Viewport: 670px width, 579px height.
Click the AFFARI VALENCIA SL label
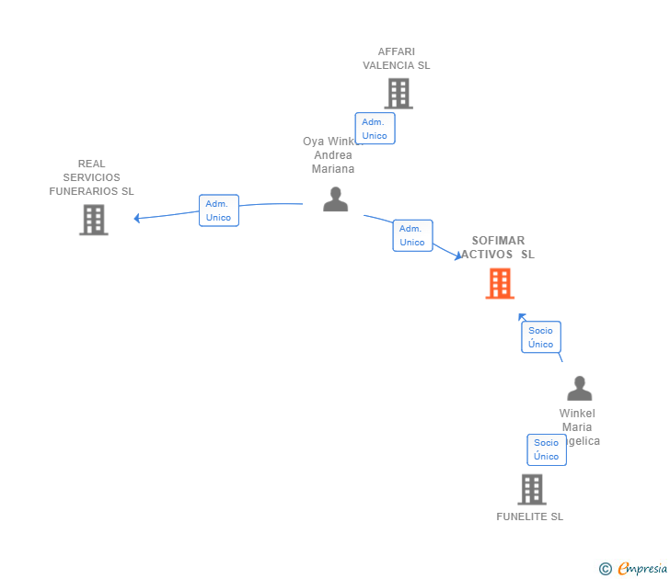(x=396, y=59)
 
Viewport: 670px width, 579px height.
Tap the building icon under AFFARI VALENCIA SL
(x=399, y=94)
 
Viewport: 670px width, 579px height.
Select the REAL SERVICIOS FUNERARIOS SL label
(x=91, y=177)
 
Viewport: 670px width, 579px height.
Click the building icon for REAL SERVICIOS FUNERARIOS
(x=94, y=220)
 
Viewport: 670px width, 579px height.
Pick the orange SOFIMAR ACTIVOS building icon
(x=500, y=284)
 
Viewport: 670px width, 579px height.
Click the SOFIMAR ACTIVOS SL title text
(x=498, y=247)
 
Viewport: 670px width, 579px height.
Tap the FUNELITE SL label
(x=529, y=517)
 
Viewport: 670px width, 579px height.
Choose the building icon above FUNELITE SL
(x=532, y=489)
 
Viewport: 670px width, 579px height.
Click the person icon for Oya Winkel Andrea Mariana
(x=336, y=199)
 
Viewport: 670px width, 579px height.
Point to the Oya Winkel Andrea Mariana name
(x=332, y=155)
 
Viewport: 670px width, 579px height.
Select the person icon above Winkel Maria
(x=579, y=388)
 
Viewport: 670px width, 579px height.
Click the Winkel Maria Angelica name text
(x=578, y=427)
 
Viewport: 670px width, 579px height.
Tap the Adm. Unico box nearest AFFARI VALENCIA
(x=375, y=129)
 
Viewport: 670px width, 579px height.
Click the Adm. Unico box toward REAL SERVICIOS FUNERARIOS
(x=218, y=210)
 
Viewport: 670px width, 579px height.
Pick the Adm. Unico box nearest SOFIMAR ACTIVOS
(x=412, y=235)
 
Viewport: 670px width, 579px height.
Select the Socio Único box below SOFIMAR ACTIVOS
(x=540, y=337)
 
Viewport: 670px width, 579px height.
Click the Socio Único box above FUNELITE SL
(x=546, y=449)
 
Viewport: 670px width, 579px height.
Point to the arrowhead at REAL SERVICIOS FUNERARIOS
(x=137, y=219)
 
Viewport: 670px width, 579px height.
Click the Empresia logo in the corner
(x=642, y=568)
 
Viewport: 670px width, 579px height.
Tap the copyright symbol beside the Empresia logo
(x=605, y=569)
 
